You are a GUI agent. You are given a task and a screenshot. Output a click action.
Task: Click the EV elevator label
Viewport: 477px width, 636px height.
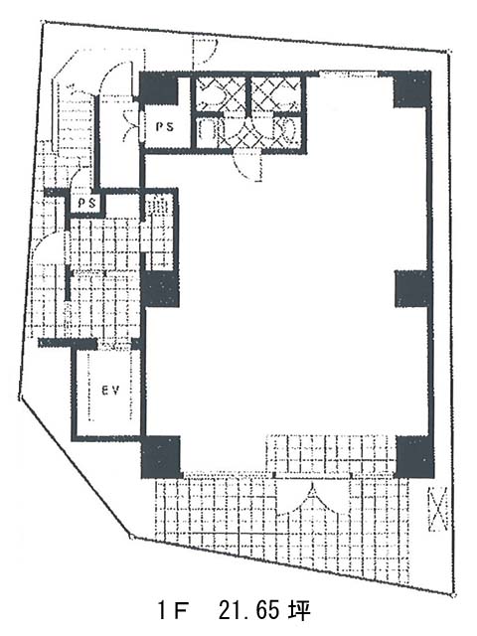[110, 391]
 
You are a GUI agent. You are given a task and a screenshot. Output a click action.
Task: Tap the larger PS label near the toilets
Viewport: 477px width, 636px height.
[165, 126]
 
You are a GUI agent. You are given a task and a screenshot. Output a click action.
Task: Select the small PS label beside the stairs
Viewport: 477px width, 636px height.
[86, 203]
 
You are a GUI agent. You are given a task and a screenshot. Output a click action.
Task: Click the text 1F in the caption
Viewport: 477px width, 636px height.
[172, 610]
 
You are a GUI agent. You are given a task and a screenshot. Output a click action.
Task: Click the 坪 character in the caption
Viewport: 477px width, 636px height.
[299, 610]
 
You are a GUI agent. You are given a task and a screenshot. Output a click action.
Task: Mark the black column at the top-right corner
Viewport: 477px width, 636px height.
[411, 89]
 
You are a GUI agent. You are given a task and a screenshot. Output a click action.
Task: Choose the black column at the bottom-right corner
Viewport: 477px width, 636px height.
[414, 456]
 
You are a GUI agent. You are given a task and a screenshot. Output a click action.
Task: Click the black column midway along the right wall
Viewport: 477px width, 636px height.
[412, 289]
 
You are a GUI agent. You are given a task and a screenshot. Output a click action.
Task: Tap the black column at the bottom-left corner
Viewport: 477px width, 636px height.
[160, 457]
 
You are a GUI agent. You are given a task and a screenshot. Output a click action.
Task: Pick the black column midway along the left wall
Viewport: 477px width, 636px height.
[160, 289]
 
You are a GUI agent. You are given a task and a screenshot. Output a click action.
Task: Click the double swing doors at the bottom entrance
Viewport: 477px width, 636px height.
[312, 500]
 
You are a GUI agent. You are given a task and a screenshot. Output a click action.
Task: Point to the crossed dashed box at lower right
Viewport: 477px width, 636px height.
[438, 509]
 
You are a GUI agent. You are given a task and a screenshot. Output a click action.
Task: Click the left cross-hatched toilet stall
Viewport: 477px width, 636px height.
[220, 94]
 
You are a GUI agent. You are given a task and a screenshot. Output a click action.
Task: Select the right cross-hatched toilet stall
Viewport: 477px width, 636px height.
[276, 94]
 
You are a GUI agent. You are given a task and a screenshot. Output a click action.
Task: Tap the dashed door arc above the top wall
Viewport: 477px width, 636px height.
[205, 53]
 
